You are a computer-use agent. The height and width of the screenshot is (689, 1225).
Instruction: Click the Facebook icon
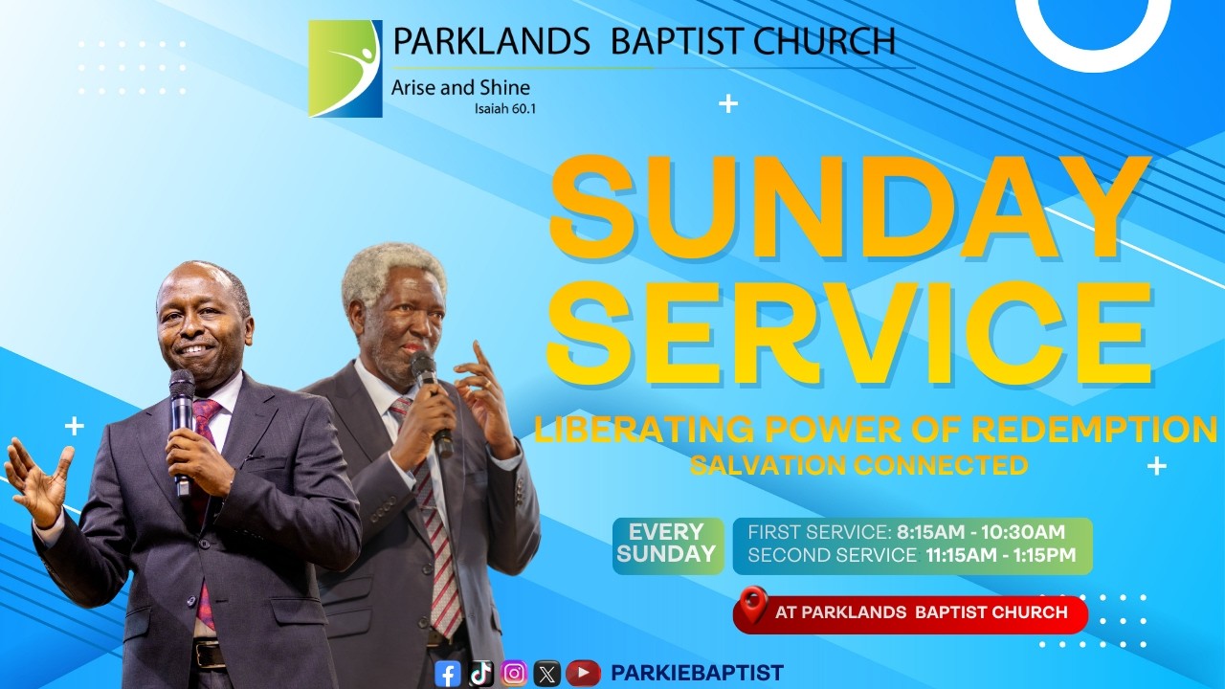coord(448,674)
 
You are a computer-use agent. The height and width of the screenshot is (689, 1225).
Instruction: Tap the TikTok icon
coord(481,674)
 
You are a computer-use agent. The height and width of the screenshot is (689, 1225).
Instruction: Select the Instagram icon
coord(514,674)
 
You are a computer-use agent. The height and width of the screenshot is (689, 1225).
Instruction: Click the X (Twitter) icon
coord(546,674)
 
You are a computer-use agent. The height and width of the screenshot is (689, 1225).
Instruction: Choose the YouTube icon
coord(583,674)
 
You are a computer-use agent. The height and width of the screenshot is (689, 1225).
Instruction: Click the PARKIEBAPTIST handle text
coord(697,674)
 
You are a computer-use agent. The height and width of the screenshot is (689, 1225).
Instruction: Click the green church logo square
coord(345,69)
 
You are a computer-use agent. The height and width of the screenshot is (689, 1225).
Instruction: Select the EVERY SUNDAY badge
coord(667,544)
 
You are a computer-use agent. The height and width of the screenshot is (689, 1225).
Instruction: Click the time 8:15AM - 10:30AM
coord(981,532)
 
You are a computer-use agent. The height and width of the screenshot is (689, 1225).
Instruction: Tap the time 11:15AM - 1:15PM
coord(1000,555)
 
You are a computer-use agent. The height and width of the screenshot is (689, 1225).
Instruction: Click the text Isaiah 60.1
coord(505,109)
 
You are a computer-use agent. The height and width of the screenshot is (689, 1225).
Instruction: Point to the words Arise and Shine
coord(460,88)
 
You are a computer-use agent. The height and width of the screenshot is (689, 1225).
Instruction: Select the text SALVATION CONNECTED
coord(859,466)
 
